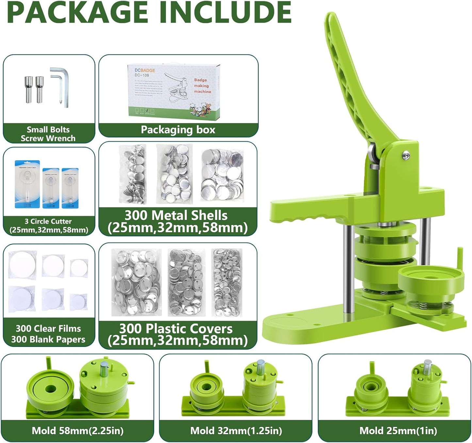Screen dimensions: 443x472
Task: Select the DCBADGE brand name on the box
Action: coord(145,70)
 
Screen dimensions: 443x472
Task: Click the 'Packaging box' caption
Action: coord(178,130)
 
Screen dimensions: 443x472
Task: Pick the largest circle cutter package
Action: coord(27,184)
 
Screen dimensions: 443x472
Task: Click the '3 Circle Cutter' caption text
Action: coord(48,221)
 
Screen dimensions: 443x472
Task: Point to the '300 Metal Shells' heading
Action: coord(176,215)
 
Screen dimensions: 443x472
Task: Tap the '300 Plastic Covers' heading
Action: coord(176,328)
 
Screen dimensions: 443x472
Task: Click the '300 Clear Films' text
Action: coord(48,328)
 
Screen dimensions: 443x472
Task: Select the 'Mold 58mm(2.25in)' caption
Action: coord(77,431)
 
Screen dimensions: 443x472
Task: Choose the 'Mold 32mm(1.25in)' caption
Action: coord(236,431)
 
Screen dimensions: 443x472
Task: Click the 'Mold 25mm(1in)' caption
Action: coord(398,431)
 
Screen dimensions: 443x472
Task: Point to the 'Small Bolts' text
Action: coord(48,130)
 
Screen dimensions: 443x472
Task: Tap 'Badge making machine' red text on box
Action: coord(202,86)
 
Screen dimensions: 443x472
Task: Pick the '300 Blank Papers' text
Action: coord(48,340)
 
